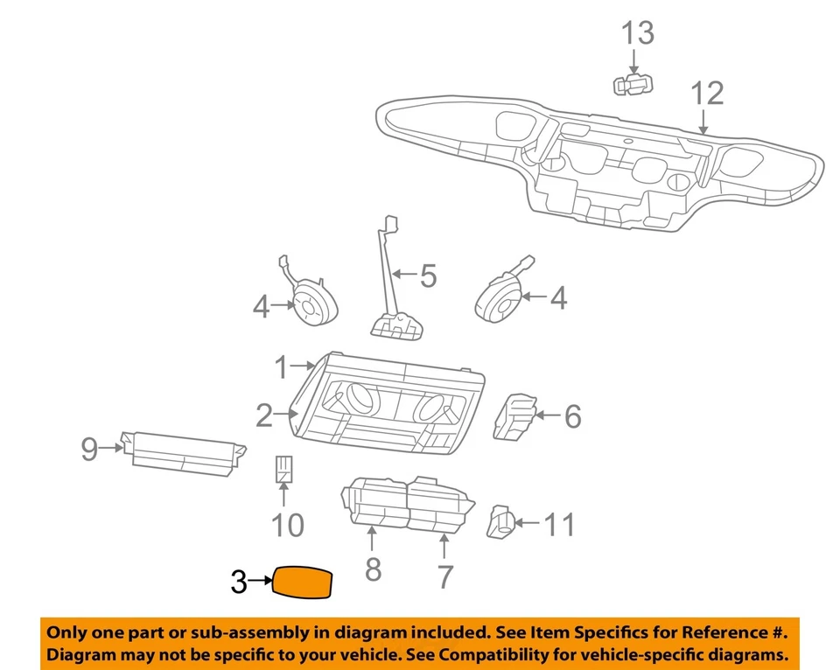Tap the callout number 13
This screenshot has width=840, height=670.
638,34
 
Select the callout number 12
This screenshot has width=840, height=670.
707,93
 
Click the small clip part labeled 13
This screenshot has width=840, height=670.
633,84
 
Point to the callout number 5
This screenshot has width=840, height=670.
427,276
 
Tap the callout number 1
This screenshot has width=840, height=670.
282,368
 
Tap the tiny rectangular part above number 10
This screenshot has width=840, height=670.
284,469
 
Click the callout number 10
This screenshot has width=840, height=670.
286,525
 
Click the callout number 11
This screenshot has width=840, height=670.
559,525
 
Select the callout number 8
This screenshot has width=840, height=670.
373,569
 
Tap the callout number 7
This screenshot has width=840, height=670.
444,576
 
